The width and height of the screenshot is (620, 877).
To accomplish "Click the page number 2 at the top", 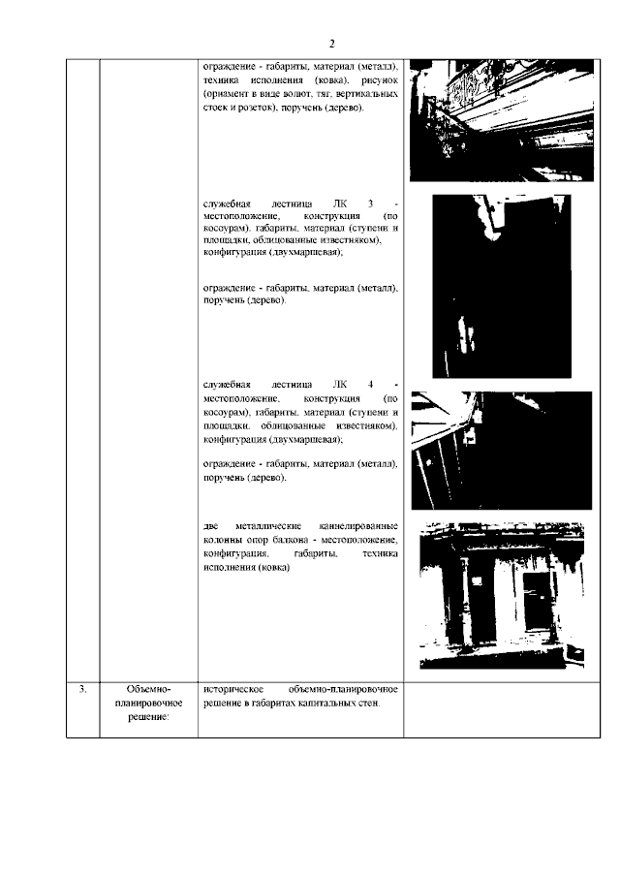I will pos(331,44).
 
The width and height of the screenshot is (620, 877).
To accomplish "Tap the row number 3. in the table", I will pos(83,689).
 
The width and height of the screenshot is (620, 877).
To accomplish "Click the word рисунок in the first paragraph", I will pos(380,79).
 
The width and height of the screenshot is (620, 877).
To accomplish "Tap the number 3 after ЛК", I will pos(370,202).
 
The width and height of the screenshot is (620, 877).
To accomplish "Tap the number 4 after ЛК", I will pos(370,385).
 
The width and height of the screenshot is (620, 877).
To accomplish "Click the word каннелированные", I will pos(356,526).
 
